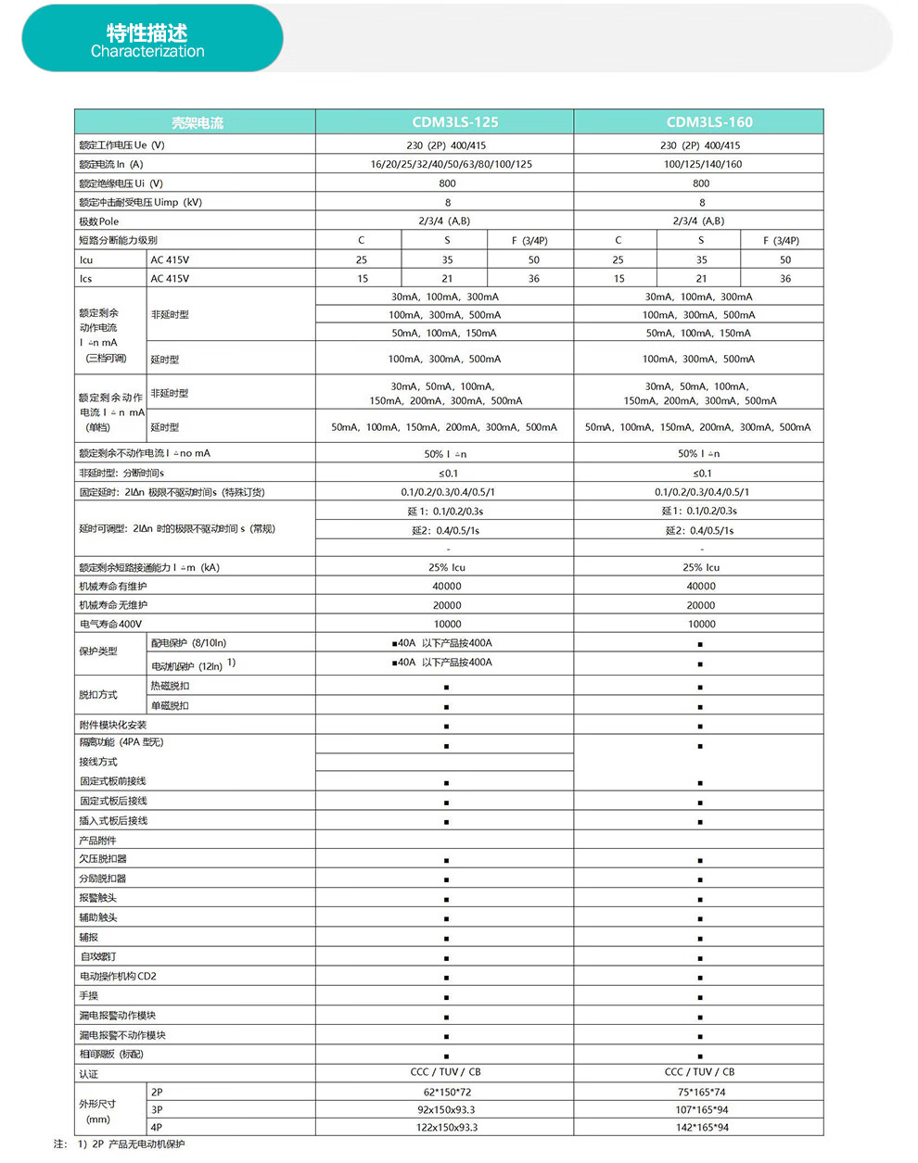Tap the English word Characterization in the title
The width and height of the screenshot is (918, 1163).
point(147,52)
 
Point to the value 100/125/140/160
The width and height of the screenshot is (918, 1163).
point(702,164)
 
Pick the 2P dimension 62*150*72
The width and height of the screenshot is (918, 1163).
point(447,1092)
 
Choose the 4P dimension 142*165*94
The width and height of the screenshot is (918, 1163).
point(702,1127)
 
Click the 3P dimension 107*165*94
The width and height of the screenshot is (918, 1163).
point(702,1109)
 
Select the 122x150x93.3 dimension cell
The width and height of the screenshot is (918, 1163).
point(446,1127)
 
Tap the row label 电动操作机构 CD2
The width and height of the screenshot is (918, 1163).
point(118,976)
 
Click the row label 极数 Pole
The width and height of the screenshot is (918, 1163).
point(99,221)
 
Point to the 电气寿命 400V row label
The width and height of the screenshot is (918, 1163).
point(111,624)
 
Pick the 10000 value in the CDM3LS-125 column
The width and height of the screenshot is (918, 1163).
point(447,624)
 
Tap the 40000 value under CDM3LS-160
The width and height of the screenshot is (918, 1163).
point(701,586)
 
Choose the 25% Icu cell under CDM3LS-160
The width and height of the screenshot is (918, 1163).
point(701,567)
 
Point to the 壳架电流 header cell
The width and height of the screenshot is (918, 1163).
point(197,122)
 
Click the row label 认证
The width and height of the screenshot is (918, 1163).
point(89,1073)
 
